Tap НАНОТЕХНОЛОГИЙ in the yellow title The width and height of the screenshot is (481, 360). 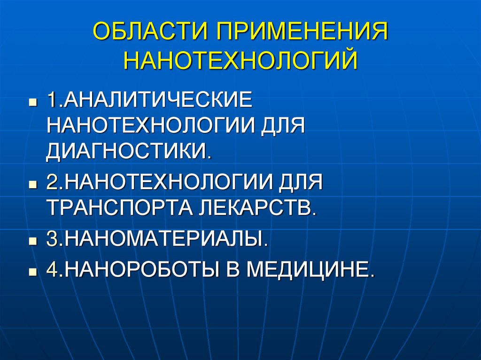pyautogui.click(x=240, y=61)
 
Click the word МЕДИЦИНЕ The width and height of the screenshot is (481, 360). pyautogui.click(x=310, y=270)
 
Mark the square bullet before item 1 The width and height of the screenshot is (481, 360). pyautogui.click(x=32, y=102)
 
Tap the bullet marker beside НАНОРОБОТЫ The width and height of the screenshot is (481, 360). pyautogui.click(x=32, y=272)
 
